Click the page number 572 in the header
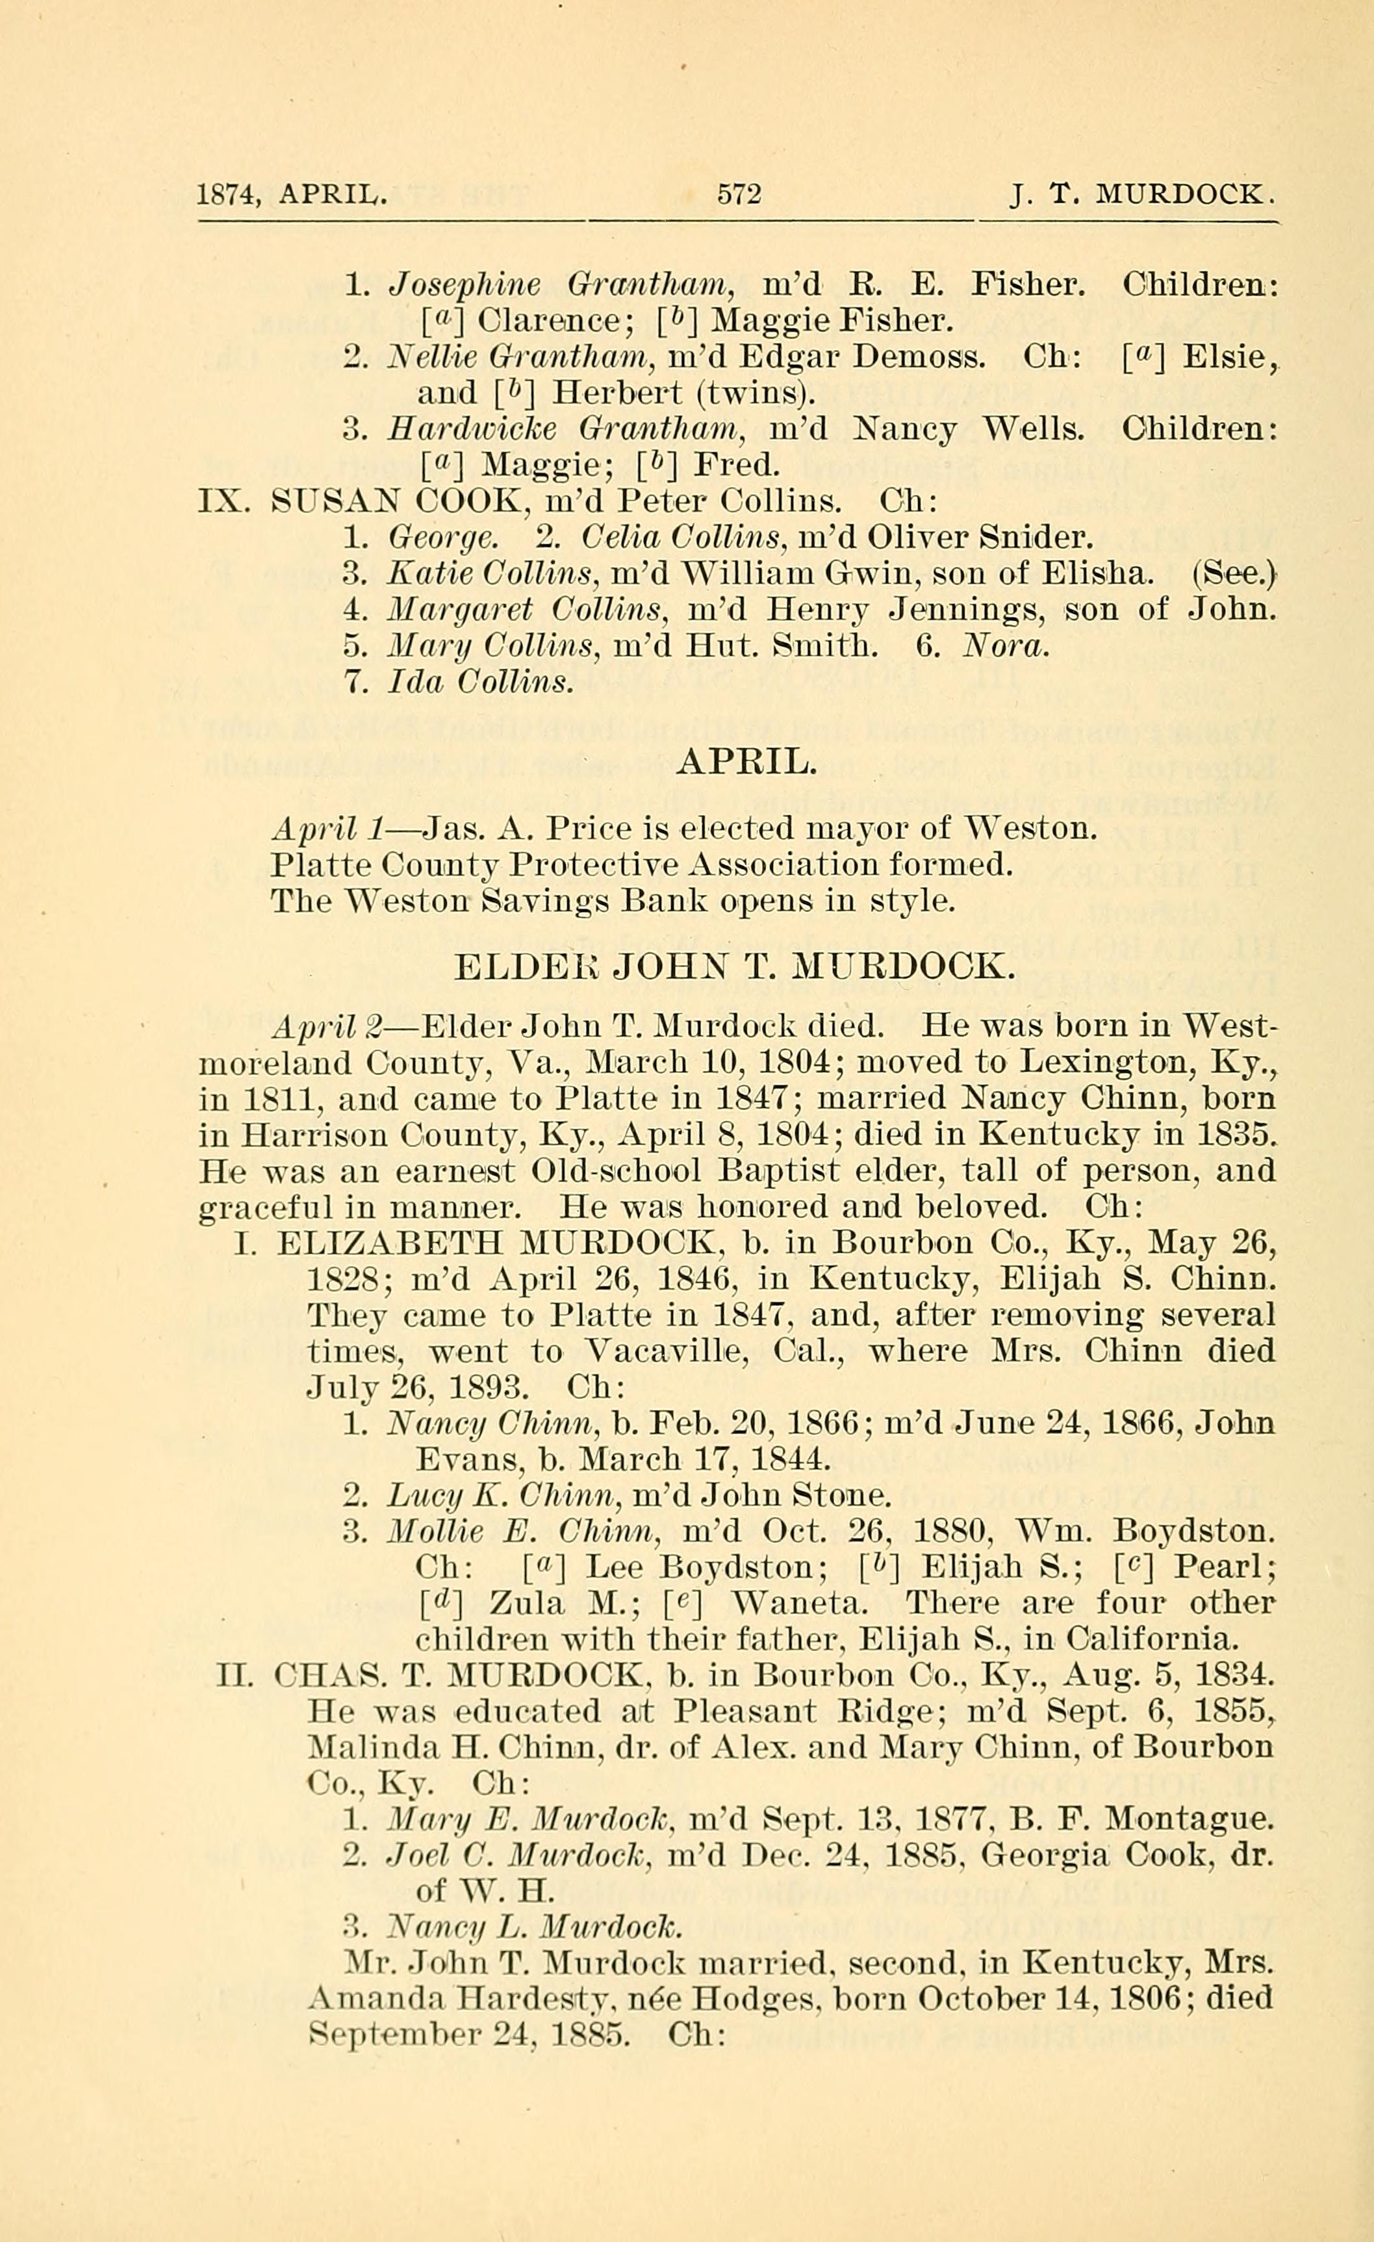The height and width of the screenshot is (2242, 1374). coord(738,194)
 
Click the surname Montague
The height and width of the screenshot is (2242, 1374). coord(1188,1820)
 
